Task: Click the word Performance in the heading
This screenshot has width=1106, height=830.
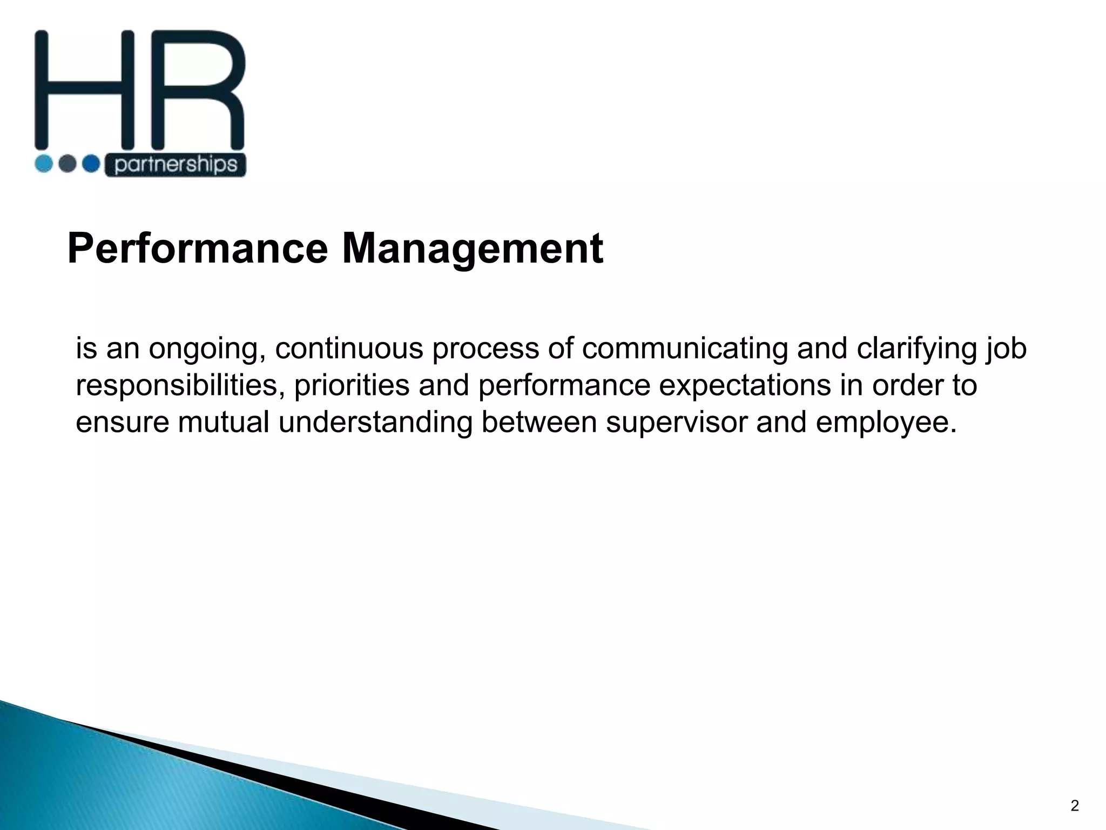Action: click(x=197, y=249)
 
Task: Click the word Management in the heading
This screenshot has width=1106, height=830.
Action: click(x=473, y=249)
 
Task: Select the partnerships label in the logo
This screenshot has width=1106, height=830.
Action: click(x=176, y=165)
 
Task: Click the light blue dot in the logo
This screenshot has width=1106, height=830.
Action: click(x=44, y=163)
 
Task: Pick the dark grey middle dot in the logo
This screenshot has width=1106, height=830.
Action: click(x=67, y=163)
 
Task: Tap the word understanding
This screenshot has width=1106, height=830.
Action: click(x=375, y=422)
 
